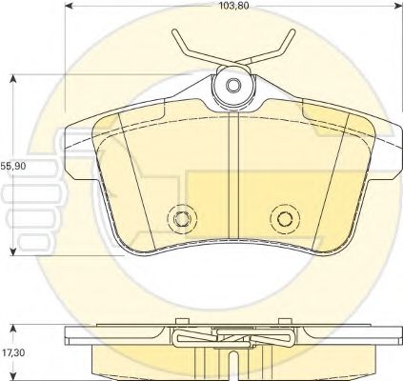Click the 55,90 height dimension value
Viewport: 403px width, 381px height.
[x=12, y=166]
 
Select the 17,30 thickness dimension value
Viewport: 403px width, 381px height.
[x=12, y=352]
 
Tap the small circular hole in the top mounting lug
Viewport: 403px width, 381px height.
[x=233, y=85]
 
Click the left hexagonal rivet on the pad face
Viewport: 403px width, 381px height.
[x=182, y=218]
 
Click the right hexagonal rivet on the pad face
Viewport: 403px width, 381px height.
[x=285, y=218]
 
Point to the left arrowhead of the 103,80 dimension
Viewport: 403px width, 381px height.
[x=70, y=6]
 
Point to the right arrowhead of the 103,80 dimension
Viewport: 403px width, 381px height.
[x=398, y=6]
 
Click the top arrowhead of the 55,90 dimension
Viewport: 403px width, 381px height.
[x=12, y=79]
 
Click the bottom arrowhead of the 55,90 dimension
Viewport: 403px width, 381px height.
[x=12, y=251]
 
